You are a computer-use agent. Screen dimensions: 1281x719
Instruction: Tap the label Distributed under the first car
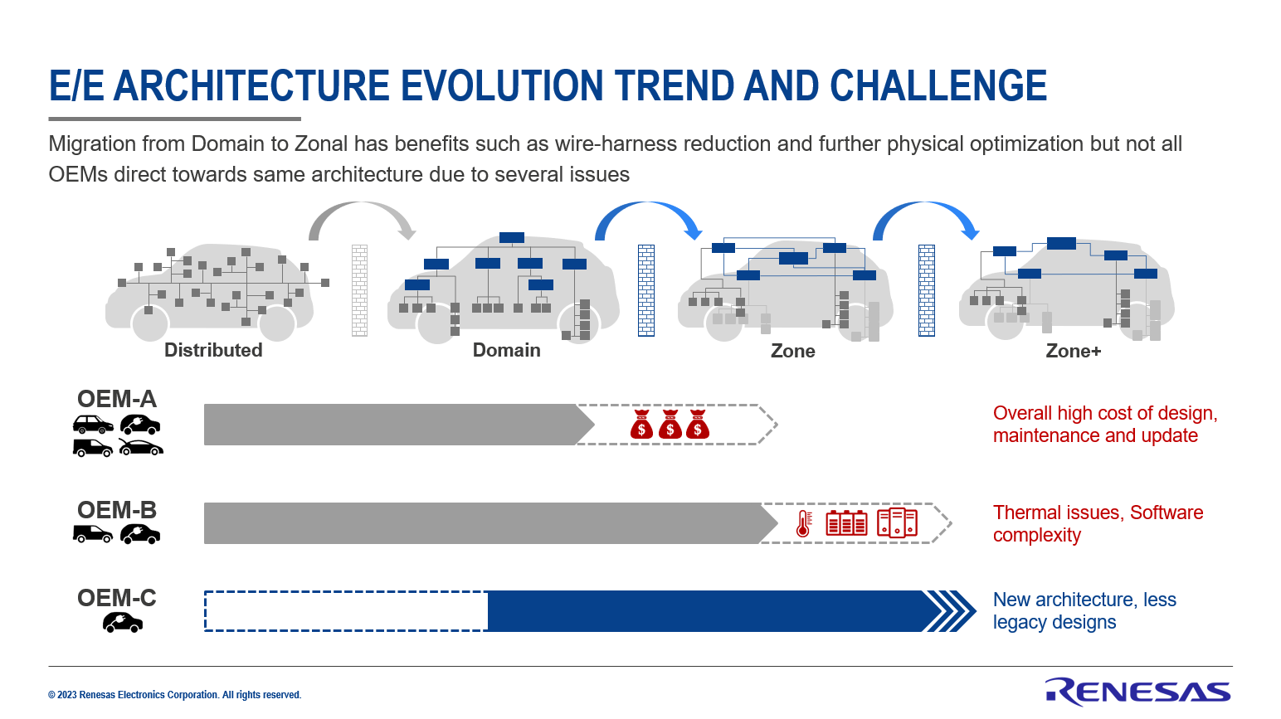tap(213, 350)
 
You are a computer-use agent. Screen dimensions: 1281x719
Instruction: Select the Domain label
tap(506, 350)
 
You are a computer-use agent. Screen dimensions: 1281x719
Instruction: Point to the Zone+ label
tap(1073, 351)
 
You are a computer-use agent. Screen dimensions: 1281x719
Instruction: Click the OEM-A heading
tap(117, 399)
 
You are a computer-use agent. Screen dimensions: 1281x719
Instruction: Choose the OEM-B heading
tap(117, 510)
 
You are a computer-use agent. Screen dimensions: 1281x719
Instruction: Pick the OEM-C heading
tap(117, 598)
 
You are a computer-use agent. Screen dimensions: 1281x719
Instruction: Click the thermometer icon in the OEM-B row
tap(803, 523)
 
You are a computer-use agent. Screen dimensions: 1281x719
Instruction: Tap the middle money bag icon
tap(670, 424)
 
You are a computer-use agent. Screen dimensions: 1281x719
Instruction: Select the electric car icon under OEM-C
tap(123, 623)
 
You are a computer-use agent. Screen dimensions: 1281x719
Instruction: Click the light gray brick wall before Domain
tap(359, 290)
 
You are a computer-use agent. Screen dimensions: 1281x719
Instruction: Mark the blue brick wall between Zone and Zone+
tap(927, 290)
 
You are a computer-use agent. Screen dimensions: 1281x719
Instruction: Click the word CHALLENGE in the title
tap(938, 85)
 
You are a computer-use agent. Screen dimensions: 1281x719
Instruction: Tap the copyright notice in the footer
tap(174, 695)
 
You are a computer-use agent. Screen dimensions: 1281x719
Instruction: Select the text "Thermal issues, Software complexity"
tap(1098, 523)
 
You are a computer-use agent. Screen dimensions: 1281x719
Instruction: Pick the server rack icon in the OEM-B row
tap(897, 523)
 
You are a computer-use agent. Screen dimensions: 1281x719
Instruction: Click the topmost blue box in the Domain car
tap(511, 238)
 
